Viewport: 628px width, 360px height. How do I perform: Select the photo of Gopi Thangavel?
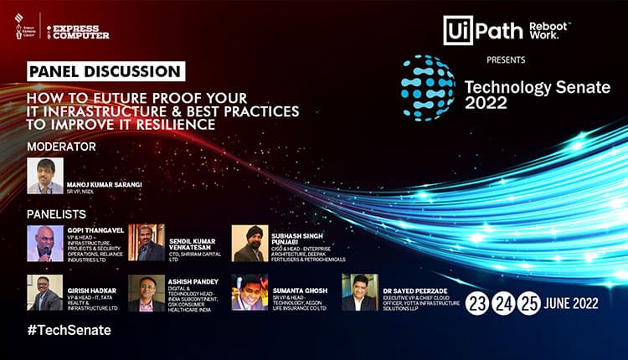coord(45,243)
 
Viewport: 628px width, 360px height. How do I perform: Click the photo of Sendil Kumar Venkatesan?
coord(147,243)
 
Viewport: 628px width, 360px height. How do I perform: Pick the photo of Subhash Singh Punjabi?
coord(249,243)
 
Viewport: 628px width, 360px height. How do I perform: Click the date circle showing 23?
coord(478,301)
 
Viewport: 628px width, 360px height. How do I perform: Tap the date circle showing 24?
coord(503,301)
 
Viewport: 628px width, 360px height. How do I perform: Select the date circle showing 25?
coord(528,301)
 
